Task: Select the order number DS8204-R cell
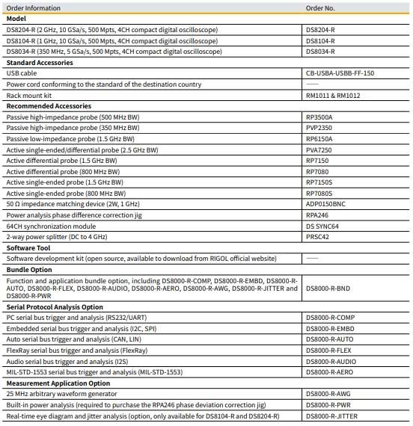click(x=320, y=30)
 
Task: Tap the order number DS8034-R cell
click(x=320, y=52)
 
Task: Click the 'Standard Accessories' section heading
click(x=40, y=63)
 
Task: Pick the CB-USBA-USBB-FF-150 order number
click(x=340, y=73)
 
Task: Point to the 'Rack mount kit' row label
click(x=28, y=95)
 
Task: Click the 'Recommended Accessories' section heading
click(x=48, y=106)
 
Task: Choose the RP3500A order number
click(x=319, y=117)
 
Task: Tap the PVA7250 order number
click(x=319, y=149)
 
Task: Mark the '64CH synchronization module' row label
click(x=51, y=226)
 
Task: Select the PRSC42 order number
click(x=317, y=236)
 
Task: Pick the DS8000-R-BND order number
click(x=328, y=287)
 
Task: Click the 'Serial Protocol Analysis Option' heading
click(x=55, y=307)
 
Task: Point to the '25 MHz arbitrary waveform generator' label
click(x=61, y=393)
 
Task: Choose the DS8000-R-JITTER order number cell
click(x=332, y=415)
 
